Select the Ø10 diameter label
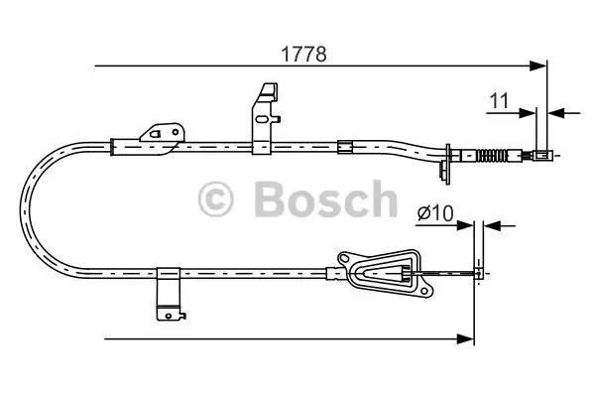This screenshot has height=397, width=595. click(435, 210)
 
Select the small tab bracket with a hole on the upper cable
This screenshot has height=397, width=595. click(162, 133)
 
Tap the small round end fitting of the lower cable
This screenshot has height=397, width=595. click(481, 272)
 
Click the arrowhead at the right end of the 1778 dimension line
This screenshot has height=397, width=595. click(541, 66)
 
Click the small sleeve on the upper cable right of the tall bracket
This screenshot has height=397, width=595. click(344, 148)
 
